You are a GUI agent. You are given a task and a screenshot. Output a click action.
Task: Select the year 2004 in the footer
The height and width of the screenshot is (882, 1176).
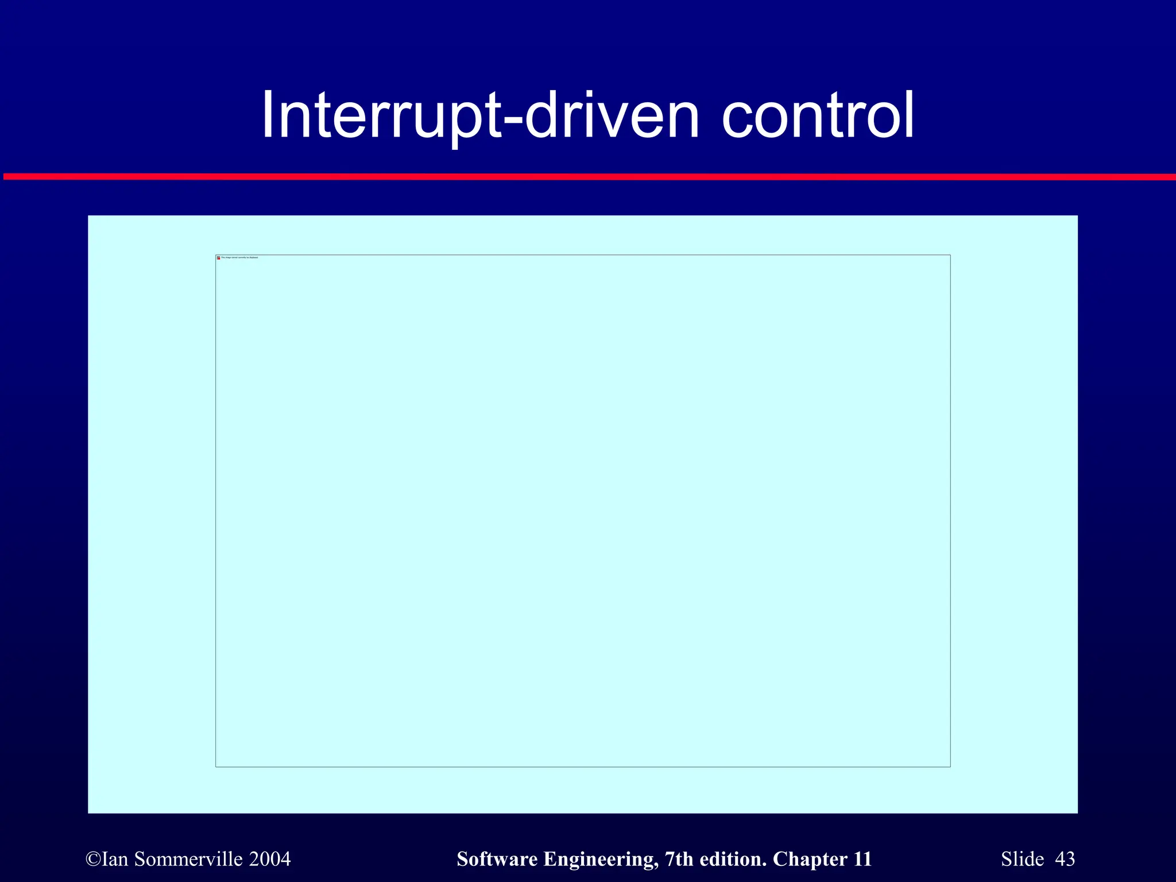(270, 859)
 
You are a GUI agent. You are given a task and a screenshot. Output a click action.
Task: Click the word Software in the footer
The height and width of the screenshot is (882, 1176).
(497, 859)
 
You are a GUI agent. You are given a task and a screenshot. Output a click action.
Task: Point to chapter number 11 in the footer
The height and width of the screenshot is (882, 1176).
(862, 859)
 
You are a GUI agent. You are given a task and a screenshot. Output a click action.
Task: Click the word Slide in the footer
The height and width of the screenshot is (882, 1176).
(1022, 859)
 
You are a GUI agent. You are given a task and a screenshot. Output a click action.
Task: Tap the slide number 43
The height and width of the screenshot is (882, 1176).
(1065, 859)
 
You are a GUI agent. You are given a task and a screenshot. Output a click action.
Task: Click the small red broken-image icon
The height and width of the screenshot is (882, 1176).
(218, 258)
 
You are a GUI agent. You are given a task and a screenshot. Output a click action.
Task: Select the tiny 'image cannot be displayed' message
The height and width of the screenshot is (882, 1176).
(239, 258)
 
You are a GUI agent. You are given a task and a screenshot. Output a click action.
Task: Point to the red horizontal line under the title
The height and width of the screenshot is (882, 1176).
(588, 177)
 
